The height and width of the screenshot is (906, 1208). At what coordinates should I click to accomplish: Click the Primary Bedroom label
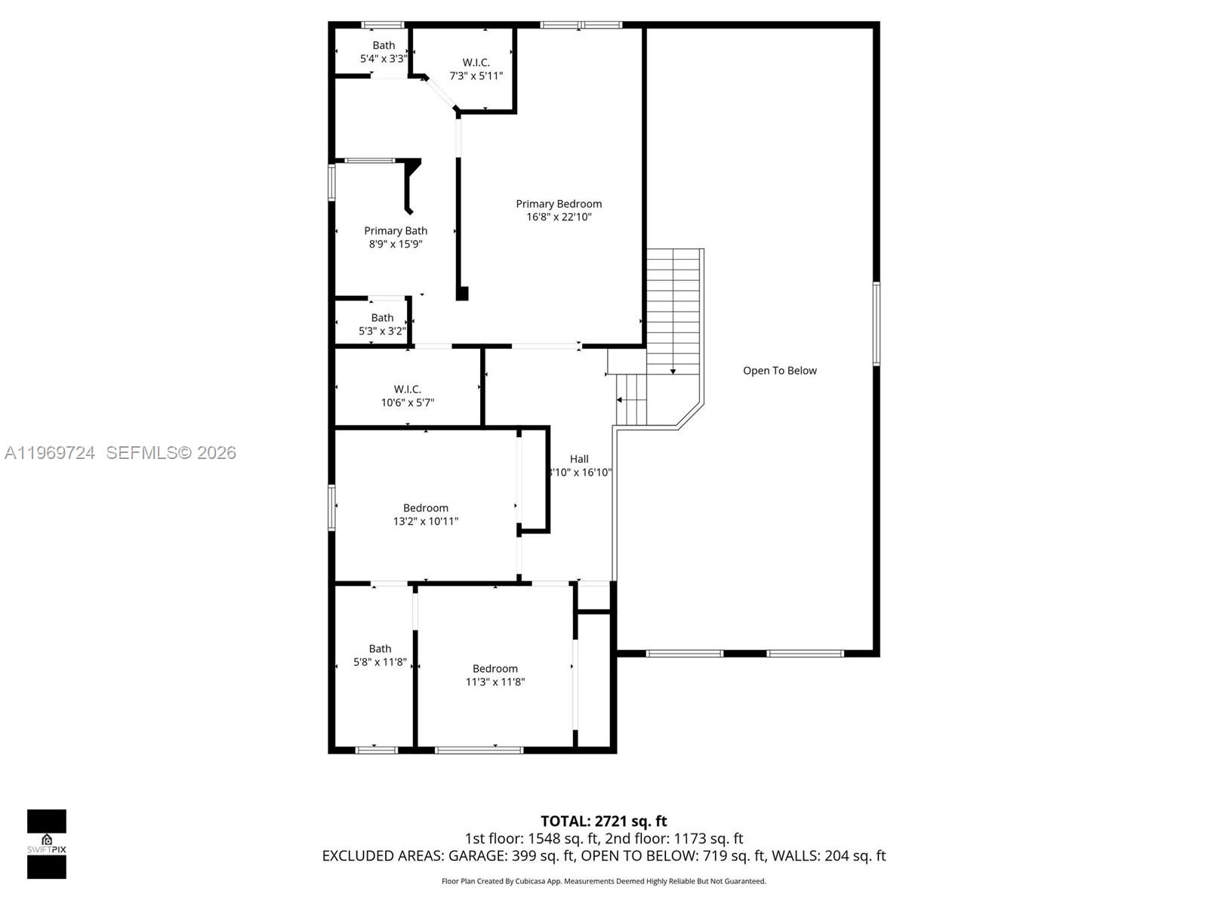point(559,204)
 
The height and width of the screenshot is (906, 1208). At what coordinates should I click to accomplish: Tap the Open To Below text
point(779,371)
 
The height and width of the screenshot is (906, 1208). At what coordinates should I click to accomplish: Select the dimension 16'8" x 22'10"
point(559,217)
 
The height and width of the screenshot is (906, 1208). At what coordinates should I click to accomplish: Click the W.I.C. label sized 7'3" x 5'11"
point(476,63)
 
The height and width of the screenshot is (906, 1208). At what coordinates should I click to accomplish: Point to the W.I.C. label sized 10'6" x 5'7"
point(407,390)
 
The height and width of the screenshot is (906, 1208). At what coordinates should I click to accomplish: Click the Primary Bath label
point(396,231)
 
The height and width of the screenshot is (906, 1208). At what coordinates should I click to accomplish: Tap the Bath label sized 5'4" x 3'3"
point(384,45)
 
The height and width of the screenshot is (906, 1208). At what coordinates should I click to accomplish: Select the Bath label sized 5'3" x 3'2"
point(382,318)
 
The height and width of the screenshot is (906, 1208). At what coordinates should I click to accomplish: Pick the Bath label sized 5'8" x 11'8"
point(380,649)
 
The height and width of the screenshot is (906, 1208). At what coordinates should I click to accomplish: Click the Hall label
point(579,459)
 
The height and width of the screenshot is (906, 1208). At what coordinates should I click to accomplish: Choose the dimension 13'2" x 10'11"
point(426,522)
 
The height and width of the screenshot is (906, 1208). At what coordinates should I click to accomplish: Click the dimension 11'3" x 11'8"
point(495,682)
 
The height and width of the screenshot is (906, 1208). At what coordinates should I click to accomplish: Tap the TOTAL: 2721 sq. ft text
point(603,821)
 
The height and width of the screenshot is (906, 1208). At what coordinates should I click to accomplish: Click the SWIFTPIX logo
point(47,843)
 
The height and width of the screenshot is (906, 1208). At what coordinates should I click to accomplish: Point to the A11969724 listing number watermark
point(50,453)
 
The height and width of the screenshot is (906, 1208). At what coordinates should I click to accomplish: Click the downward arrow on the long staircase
point(673,370)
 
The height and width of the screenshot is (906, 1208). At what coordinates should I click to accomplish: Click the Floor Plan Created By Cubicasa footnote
point(603,881)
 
